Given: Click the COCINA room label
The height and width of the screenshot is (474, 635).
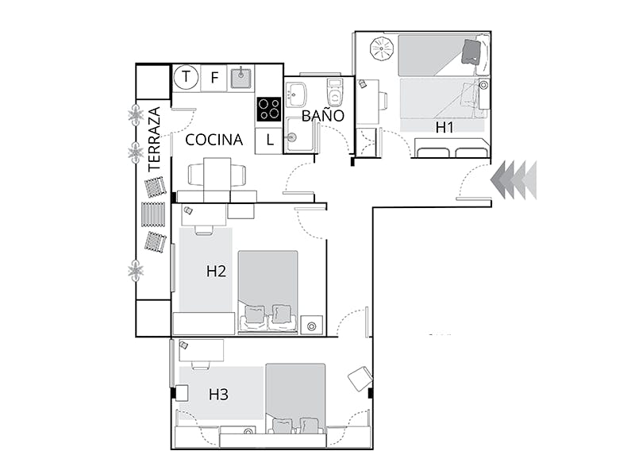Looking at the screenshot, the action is pyautogui.click(x=214, y=140).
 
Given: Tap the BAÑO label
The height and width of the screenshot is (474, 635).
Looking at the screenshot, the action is pyautogui.click(x=323, y=115).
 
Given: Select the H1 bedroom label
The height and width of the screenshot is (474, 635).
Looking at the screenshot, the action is pyautogui.click(x=444, y=127).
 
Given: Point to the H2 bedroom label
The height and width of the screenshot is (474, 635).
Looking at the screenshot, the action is pyautogui.click(x=216, y=271).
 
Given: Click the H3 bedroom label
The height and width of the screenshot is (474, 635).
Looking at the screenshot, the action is pyautogui.click(x=219, y=394).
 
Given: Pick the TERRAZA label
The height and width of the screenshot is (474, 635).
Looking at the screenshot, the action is pyautogui.click(x=155, y=139).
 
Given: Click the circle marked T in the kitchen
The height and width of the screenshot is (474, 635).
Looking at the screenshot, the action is pyautogui.click(x=186, y=76).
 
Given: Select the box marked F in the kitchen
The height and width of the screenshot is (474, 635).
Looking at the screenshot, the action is pyautogui.click(x=214, y=77).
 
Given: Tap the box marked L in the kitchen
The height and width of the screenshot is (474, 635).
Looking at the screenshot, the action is pyautogui.click(x=269, y=141).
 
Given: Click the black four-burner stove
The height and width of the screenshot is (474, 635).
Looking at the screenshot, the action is pyautogui.click(x=269, y=110).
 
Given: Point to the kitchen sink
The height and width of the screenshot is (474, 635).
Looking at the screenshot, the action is pyautogui.click(x=241, y=78).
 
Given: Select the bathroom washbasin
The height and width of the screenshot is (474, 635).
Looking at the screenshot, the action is pyautogui.click(x=295, y=94).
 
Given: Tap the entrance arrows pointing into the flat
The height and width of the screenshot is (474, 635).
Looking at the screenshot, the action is pyautogui.click(x=514, y=179).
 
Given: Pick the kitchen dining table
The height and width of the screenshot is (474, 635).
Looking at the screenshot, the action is pyautogui.click(x=217, y=179).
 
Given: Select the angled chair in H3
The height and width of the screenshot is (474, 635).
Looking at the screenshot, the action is pyautogui.click(x=360, y=379).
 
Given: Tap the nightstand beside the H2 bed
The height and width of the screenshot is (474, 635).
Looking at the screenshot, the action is pyautogui.click(x=312, y=326).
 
